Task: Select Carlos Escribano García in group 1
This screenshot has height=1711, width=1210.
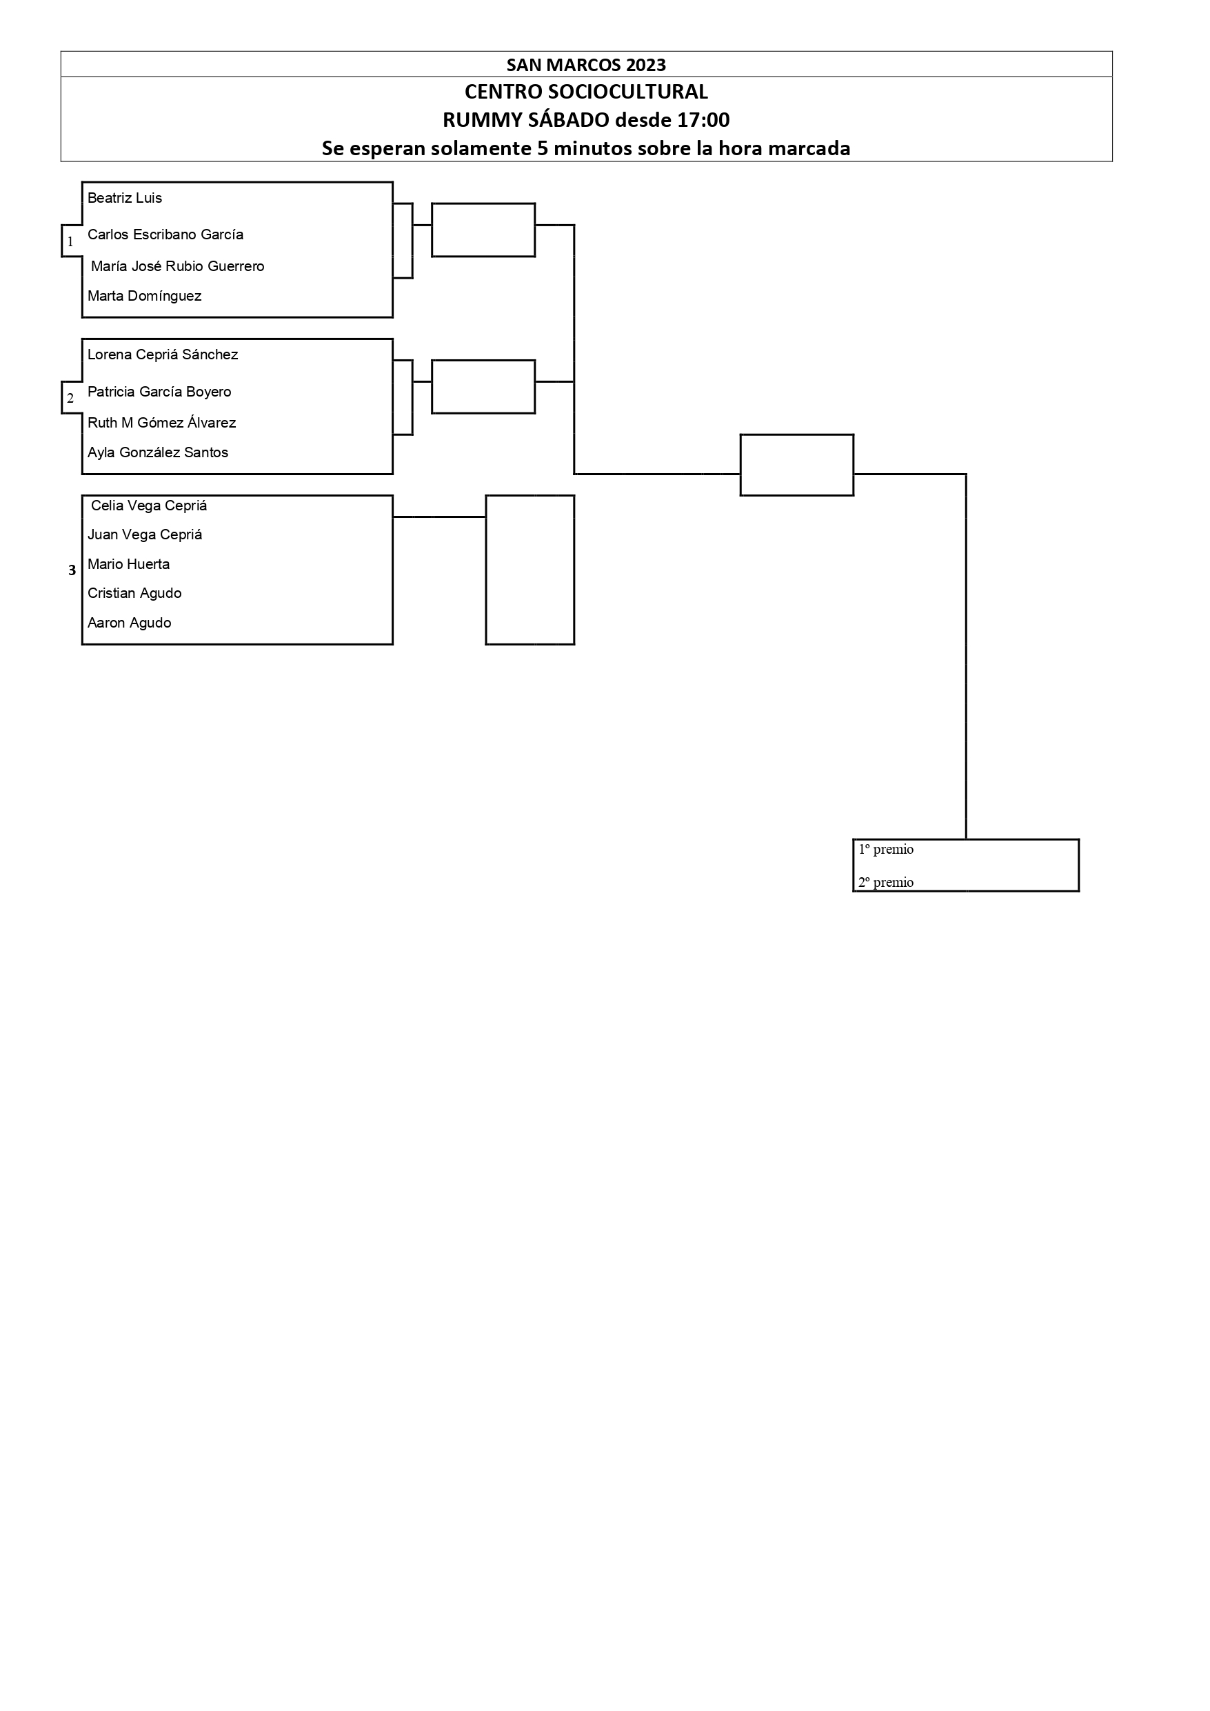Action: (x=165, y=234)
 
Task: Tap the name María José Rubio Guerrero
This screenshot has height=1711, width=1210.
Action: (x=177, y=266)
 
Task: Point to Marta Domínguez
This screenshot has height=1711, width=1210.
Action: (x=145, y=296)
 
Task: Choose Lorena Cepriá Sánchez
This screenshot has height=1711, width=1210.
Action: (x=163, y=354)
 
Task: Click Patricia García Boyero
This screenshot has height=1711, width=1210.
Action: (x=159, y=392)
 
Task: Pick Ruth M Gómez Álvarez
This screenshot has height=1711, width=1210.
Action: (x=162, y=423)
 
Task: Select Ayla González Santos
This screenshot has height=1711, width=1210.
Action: (x=158, y=452)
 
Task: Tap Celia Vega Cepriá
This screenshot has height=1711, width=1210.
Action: (x=149, y=506)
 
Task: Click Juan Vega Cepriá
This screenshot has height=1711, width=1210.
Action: (x=145, y=534)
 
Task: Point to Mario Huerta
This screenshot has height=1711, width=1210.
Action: (x=128, y=564)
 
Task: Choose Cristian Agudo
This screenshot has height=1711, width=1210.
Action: (x=134, y=593)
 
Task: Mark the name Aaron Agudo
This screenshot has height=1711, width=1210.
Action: (x=129, y=623)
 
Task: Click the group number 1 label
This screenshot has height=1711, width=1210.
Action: (x=71, y=241)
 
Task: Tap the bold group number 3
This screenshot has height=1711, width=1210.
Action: (x=72, y=571)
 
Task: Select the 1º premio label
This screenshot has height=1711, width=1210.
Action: (x=886, y=850)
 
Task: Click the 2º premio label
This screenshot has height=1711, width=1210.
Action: (x=886, y=882)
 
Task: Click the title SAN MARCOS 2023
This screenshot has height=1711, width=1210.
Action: (x=586, y=65)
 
